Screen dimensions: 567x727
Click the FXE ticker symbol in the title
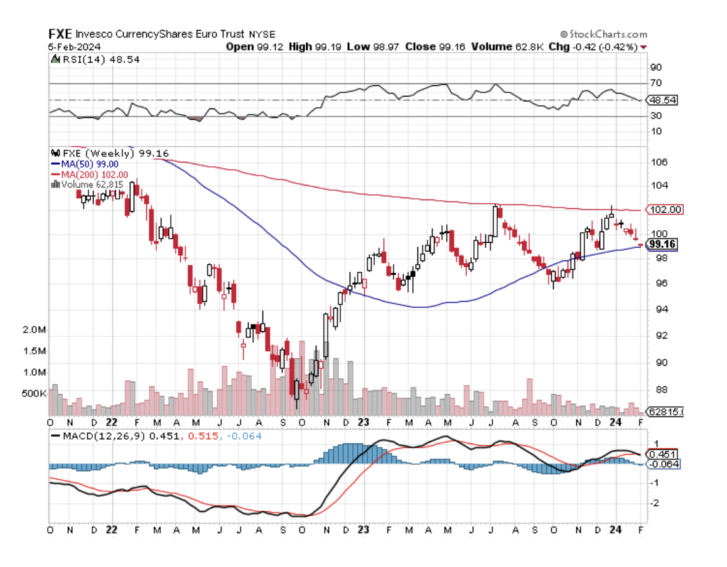tap(61, 34)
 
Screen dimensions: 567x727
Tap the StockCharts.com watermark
tap(603, 34)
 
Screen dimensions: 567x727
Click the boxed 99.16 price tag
tap(663, 244)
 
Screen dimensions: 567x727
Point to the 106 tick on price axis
tap(659, 162)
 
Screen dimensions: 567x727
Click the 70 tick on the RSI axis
tap(657, 83)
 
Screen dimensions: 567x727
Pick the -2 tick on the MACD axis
tap(655, 503)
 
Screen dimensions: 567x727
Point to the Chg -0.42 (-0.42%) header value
tap(593, 46)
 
